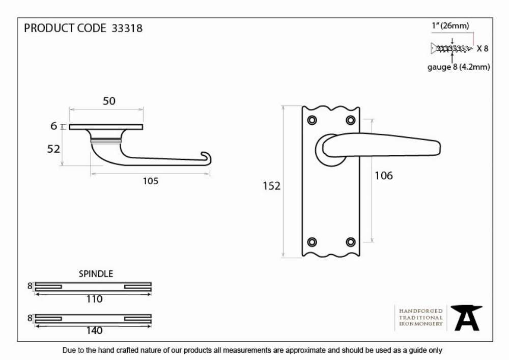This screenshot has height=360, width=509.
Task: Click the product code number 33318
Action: (x=127, y=28)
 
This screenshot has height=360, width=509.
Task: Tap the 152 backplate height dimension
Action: (x=271, y=186)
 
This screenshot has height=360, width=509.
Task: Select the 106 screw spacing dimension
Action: (x=384, y=176)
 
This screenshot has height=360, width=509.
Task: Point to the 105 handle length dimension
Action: (x=151, y=181)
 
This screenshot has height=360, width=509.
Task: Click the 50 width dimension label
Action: (x=109, y=101)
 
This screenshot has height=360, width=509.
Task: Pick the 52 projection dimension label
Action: (x=53, y=149)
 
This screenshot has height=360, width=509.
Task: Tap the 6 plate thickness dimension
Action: (x=54, y=126)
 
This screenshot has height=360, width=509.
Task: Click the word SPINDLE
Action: (x=96, y=273)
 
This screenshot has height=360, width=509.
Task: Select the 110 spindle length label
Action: (x=95, y=299)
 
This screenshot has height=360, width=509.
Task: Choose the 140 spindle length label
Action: (x=95, y=330)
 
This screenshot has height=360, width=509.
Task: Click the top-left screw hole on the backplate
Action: (x=312, y=121)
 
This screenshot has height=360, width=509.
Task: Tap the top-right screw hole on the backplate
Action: (x=351, y=121)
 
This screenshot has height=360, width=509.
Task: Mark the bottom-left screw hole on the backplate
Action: (x=312, y=242)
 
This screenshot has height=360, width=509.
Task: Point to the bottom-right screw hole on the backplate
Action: (x=351, y=242)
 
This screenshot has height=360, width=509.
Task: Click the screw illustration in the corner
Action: (x=451, y=49)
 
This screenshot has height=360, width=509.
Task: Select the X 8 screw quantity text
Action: (x=483, y=49)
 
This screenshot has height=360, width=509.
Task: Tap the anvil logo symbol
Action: (x=466, y=318)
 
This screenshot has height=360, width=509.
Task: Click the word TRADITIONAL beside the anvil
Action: (x=421, y=317)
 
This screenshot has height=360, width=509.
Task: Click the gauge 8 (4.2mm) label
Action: (x=459, y=67)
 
